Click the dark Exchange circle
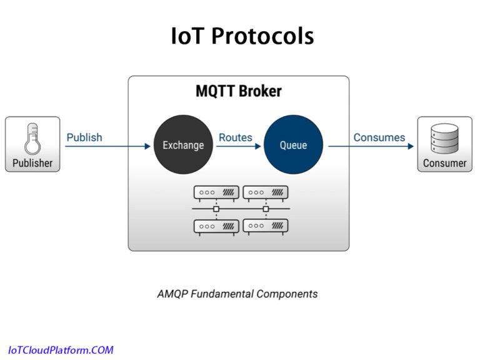coord(183,145)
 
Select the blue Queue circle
coord(293,145)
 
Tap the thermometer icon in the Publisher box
coord(32,139)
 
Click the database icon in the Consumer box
coord(444,139)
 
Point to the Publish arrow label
coord(84,137)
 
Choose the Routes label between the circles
coord(236,137)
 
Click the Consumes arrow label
coord(379,137)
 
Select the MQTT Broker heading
coord(239,91)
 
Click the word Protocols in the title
coord(262,36)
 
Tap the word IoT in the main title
coord(187,36)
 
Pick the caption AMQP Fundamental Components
coord(237,294)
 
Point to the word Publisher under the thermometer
coord(32,164)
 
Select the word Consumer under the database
coord(444,164)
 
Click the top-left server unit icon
coord(216,192)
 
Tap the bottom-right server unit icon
coord(266,226)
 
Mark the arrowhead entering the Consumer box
coord(411,146)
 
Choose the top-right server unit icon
coord(266,192)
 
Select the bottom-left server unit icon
coord(216,226)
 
